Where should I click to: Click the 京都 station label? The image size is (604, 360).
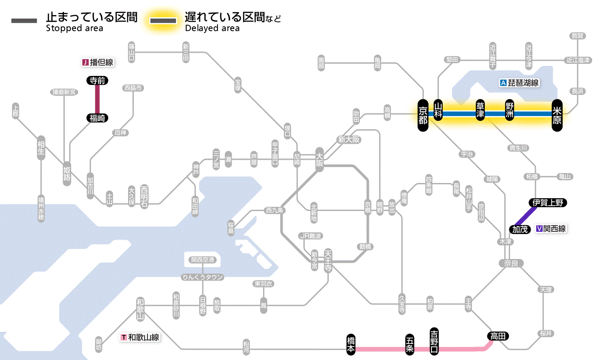coord(423,114)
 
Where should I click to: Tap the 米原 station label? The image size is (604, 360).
coord(557,114)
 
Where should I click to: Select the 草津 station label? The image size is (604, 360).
coord(481,111)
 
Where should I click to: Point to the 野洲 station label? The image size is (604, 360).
coord(510,111)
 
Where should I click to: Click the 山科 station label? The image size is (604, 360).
coord(438,111)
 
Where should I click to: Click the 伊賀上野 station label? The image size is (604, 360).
coord(547,203)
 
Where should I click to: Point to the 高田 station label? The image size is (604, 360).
coord(498,336)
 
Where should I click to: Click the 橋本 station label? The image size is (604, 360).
coord(352,344)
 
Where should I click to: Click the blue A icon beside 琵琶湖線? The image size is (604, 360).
coord(503,83)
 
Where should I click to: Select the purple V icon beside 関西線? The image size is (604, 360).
coord(539,229)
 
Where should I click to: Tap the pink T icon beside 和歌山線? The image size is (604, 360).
coord(124,337)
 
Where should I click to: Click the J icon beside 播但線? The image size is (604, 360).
coord(85,63)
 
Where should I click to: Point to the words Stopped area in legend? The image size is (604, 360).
coord(74,28)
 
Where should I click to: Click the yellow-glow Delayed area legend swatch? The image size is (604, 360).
coord(163,21)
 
